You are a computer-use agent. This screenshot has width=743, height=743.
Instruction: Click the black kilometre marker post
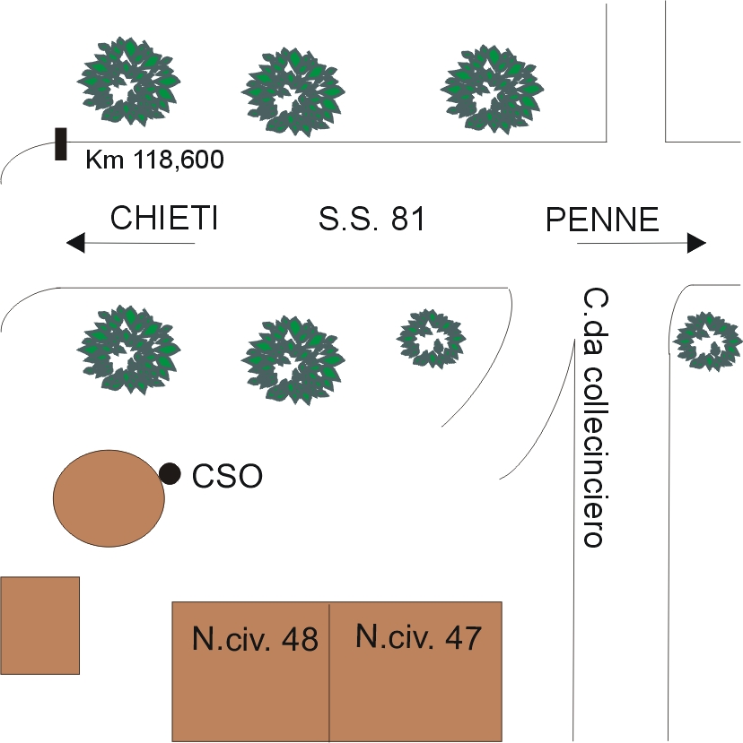click(x=61, y=143)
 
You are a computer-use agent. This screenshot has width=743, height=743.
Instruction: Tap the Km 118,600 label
click(x=154, y=161)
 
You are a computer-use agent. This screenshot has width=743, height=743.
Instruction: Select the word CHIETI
click(x=164, y=219)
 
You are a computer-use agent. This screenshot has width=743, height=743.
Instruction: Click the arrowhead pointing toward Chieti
click(x=75, y=242)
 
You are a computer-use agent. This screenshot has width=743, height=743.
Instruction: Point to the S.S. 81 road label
click(x=371, y=219)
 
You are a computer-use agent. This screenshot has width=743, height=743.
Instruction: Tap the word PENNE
click(x=602, y=220)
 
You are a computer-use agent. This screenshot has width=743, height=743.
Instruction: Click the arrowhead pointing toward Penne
click(x=696, y=242)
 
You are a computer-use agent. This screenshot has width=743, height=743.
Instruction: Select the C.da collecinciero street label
click(x=592, y=418)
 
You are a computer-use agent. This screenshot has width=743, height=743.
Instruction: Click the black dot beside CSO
click(x=169, y=473)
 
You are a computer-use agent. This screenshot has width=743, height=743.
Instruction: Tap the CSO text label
click(x=228, y=476)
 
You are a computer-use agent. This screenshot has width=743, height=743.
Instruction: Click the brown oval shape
click(x=109, y=497)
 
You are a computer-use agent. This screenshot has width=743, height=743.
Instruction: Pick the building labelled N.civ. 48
click(x=250, y=671)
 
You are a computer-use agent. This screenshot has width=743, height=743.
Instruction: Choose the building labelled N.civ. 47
click(x=415, y=671)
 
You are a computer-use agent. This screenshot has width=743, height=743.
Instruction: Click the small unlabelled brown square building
click(x=40, y=625)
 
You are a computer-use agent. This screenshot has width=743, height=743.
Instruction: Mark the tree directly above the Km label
click(x=129, y=81)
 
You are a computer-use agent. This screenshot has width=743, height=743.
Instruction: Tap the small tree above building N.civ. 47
click(x=432, y=339)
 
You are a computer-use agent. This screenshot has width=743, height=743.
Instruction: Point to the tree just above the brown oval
click(x=128, y=349)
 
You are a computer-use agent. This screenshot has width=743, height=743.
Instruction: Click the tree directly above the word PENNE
click(x=492, y=87)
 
